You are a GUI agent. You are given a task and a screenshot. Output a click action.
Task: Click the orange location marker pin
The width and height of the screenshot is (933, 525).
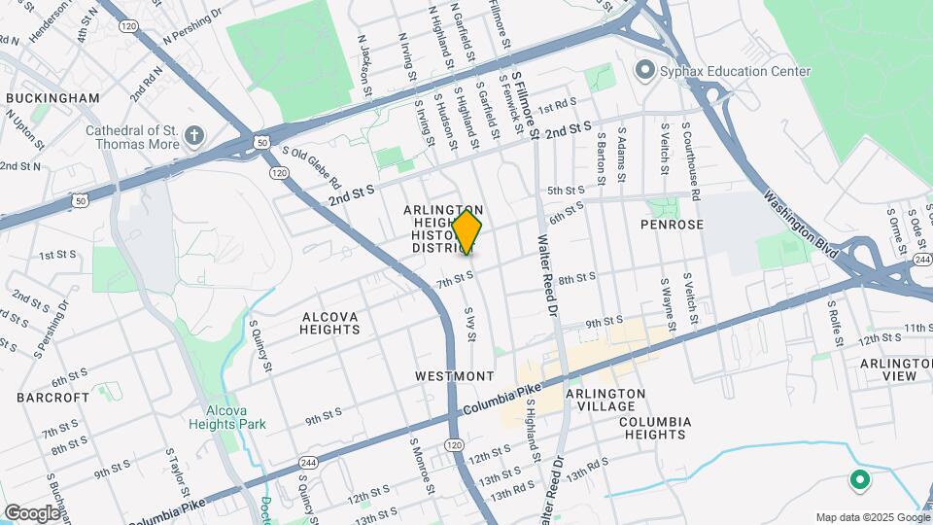[467, 231]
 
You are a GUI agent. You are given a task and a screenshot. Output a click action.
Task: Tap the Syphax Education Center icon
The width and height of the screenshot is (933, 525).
[642, 71]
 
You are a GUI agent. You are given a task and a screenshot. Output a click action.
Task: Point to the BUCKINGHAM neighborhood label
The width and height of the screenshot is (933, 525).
[52, 98]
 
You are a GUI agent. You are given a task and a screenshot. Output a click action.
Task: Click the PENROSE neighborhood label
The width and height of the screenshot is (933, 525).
[672, 225]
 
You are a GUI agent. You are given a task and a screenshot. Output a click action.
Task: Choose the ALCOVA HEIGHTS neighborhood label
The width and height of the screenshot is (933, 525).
[330, 323]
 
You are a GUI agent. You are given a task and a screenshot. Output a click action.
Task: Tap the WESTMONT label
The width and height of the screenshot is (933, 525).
[455, 375]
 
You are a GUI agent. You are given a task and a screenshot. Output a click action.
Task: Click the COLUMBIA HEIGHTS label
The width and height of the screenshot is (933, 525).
[654, 429]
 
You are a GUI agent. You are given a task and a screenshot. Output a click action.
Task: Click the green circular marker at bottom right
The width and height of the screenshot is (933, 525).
[859, 479]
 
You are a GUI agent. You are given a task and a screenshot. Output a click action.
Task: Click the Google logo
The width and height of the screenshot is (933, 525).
[32, 512]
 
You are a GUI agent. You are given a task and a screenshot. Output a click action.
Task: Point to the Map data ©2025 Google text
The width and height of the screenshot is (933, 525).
[871, 516]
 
